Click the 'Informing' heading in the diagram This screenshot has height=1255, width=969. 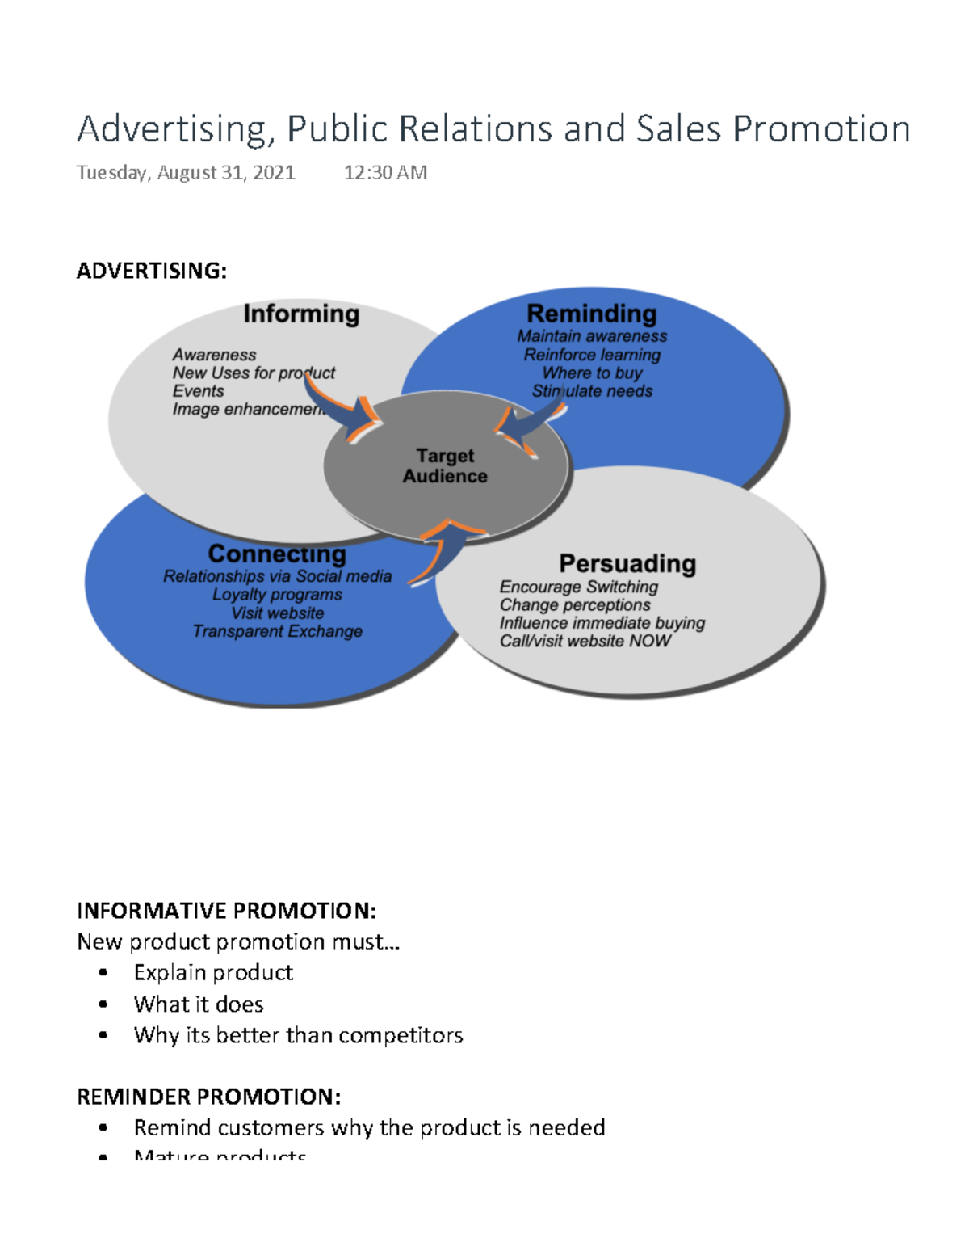[301, 314]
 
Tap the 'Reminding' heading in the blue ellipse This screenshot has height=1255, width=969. [592, 314]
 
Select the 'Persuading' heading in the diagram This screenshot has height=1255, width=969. [627, 563]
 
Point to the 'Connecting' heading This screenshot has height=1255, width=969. [277, 554]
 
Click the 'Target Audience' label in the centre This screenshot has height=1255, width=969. [445, 466]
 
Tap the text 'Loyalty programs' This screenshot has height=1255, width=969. [277, 595]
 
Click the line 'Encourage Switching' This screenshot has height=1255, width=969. [578, 587]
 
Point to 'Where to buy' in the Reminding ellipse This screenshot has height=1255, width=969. [592, 373]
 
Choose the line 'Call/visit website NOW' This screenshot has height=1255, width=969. [585, 641]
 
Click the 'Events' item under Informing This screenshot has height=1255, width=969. [198, 391]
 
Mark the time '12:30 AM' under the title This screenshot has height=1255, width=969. [385, 172]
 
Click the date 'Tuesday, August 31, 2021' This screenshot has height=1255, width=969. [186, 172]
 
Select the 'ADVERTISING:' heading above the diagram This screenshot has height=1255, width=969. [152, 271]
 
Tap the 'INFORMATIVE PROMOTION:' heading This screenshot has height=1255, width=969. [226, 911]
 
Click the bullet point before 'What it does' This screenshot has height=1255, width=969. [103, 1004]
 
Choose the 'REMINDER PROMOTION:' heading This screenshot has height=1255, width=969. [208, 1097]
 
